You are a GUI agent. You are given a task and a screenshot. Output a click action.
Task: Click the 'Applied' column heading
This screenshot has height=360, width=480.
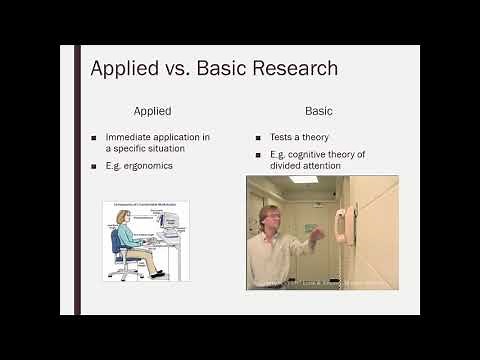(x=152, y=111)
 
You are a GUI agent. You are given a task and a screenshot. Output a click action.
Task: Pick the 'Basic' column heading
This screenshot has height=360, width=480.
(x=319, y=111)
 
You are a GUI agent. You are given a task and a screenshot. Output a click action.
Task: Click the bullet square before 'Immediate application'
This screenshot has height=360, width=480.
(x=94, y=137)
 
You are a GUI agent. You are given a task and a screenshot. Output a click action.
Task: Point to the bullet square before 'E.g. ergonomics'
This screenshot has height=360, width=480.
(x=94, y=164)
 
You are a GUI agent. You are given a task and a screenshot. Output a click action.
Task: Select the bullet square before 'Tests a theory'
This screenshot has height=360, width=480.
(x=258, y=137)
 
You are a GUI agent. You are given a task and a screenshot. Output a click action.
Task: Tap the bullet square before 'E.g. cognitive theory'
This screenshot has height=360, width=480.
(x=258, y=155)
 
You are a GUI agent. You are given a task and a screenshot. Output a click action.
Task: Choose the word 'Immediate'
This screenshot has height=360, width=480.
(x=127, y=137)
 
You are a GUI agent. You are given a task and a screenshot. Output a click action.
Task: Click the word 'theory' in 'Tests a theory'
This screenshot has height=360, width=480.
(x=312, y=137)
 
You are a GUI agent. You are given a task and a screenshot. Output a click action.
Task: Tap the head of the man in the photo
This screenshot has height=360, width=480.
(x=270, y=219)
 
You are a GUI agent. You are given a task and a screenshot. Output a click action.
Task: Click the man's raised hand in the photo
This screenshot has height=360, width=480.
(x=316, y=236)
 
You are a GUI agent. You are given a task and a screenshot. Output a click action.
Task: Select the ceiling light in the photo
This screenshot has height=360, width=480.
(x=303, y=180)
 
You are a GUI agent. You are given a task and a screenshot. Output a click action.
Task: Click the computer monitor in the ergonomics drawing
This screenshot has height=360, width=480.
(x=170, y=228)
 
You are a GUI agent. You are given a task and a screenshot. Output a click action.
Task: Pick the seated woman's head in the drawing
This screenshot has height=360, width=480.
(x=123, y=217)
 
